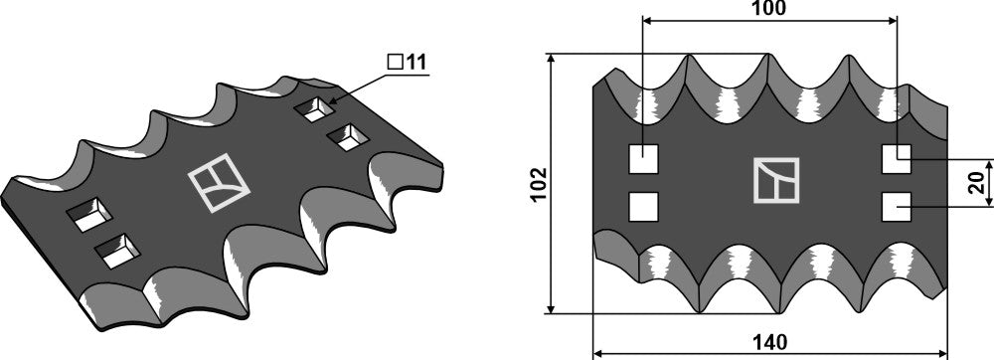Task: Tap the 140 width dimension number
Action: point(770,342)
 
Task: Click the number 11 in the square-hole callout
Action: point(415,62)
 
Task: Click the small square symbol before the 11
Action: point(395,63)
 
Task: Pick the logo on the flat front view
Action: point(775,180)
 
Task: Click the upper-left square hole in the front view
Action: point(644,158)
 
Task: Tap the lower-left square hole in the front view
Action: point(644,206)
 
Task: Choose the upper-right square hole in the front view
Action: point(898,158)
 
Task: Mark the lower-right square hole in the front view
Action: point(898,206)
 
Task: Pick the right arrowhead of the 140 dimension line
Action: point(943,352)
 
